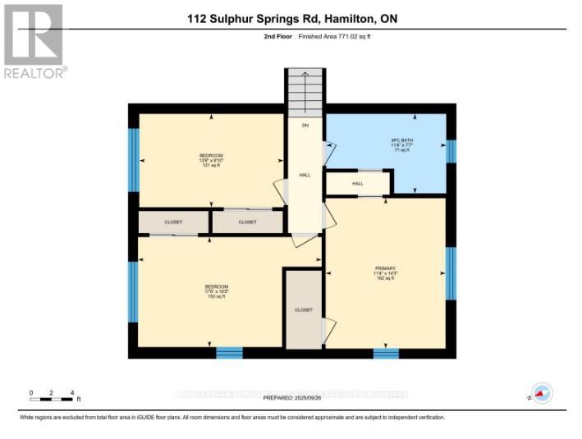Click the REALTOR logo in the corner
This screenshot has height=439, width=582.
click(34, 40)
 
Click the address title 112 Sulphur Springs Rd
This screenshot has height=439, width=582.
click(291, 18)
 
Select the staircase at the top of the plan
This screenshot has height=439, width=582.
click(305, 94)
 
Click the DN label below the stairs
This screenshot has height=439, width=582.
click(305, 126)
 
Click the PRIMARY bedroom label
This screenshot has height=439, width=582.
click(385, 273)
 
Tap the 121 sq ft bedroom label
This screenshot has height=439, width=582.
click(211, 160)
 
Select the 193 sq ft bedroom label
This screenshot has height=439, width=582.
click(217, 290)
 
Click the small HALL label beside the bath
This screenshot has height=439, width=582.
click(358, 183)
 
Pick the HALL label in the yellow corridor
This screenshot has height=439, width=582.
click(305, 175)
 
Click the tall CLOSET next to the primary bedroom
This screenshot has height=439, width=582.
click(303, 309)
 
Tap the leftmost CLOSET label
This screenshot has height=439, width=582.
click(173, 222)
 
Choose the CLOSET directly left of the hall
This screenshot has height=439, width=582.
click(247, 222)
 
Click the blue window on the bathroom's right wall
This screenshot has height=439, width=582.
click(450, 151)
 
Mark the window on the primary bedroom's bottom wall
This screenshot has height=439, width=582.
click(386, 354)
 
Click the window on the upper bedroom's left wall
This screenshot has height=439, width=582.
click(134, 159)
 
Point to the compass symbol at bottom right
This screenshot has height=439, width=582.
click(541, 394)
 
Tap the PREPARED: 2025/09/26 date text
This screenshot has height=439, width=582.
click(293, 398)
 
